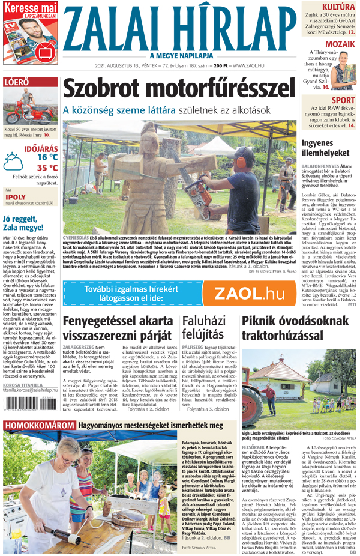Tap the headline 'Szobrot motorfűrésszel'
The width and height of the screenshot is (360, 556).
[180, 89]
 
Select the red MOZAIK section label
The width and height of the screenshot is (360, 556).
[340, 44]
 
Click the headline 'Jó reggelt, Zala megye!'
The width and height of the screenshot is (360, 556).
[29, 222]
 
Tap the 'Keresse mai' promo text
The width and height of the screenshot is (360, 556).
[29, 6]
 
